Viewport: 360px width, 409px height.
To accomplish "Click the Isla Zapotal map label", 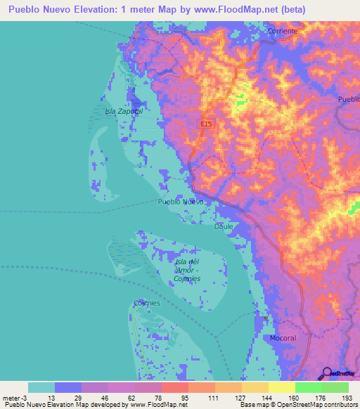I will click(x=123, y=111).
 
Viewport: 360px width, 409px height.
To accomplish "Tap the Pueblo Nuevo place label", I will click(x=181, y=202).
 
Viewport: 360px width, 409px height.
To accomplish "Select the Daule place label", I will click(x=224, y=226).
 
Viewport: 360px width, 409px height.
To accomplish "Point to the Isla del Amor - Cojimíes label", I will click(x=186, y=270).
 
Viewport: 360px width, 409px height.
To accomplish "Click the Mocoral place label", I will click(x=283, y=338).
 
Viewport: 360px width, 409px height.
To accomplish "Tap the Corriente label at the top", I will click(x=283, y=32).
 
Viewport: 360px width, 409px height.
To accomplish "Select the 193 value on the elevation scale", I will click(x=346, y=398).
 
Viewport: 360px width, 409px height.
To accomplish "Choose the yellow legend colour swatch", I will click(x=282, y=387).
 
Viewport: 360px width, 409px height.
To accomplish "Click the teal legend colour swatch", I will click(x=41, y=387).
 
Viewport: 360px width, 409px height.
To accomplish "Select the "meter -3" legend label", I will click(x=15, y=398).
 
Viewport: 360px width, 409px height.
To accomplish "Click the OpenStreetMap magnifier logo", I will click(x=326, y=373).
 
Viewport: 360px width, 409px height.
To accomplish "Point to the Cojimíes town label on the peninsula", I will click(x=147, y=303).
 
